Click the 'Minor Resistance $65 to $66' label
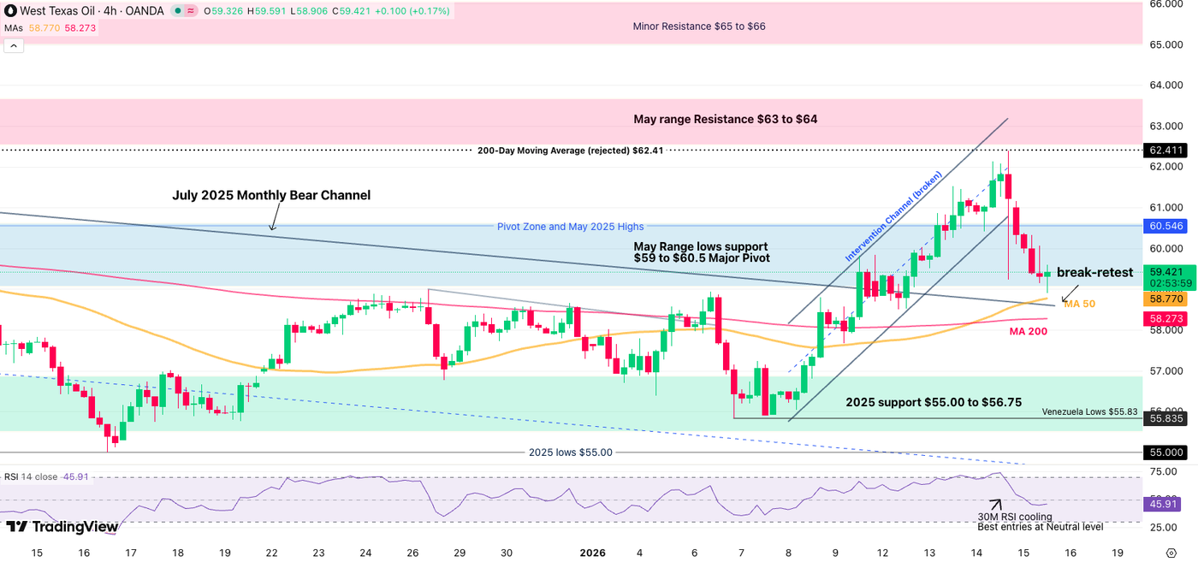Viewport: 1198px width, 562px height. point(698,27)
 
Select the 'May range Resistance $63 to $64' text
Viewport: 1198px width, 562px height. point(725,119)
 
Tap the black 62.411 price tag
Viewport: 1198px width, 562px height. point(1165,150)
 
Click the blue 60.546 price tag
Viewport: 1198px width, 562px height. point(1165,226)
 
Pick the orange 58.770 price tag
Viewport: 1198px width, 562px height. point(1165,299)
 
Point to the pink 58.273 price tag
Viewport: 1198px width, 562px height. point(1165,318)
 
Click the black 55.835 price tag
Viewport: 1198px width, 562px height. point(1165,418)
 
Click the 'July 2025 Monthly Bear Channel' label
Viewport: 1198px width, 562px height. point(271,195)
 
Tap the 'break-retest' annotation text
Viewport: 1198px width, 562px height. point(1094,273)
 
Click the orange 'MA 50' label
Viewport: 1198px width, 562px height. point(1079,304)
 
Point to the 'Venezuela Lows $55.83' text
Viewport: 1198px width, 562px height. point(1089,411)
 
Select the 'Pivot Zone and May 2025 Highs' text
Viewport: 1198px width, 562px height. point(570,227)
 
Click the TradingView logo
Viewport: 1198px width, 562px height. point(62,527)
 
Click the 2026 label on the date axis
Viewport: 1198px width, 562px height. point(592,553)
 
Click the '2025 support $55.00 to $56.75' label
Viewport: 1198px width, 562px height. point(934,402)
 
